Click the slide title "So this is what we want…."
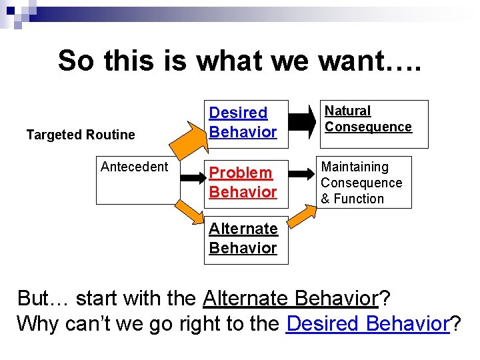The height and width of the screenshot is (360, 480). click(239, 61)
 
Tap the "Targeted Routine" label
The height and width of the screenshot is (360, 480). click(81, 135)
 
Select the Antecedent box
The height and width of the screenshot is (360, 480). click(137, 181)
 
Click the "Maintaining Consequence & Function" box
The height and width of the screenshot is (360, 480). click(363, 183)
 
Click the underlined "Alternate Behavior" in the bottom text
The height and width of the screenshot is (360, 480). click(290, 297)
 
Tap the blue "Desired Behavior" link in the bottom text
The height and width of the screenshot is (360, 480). click(368, 325)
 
